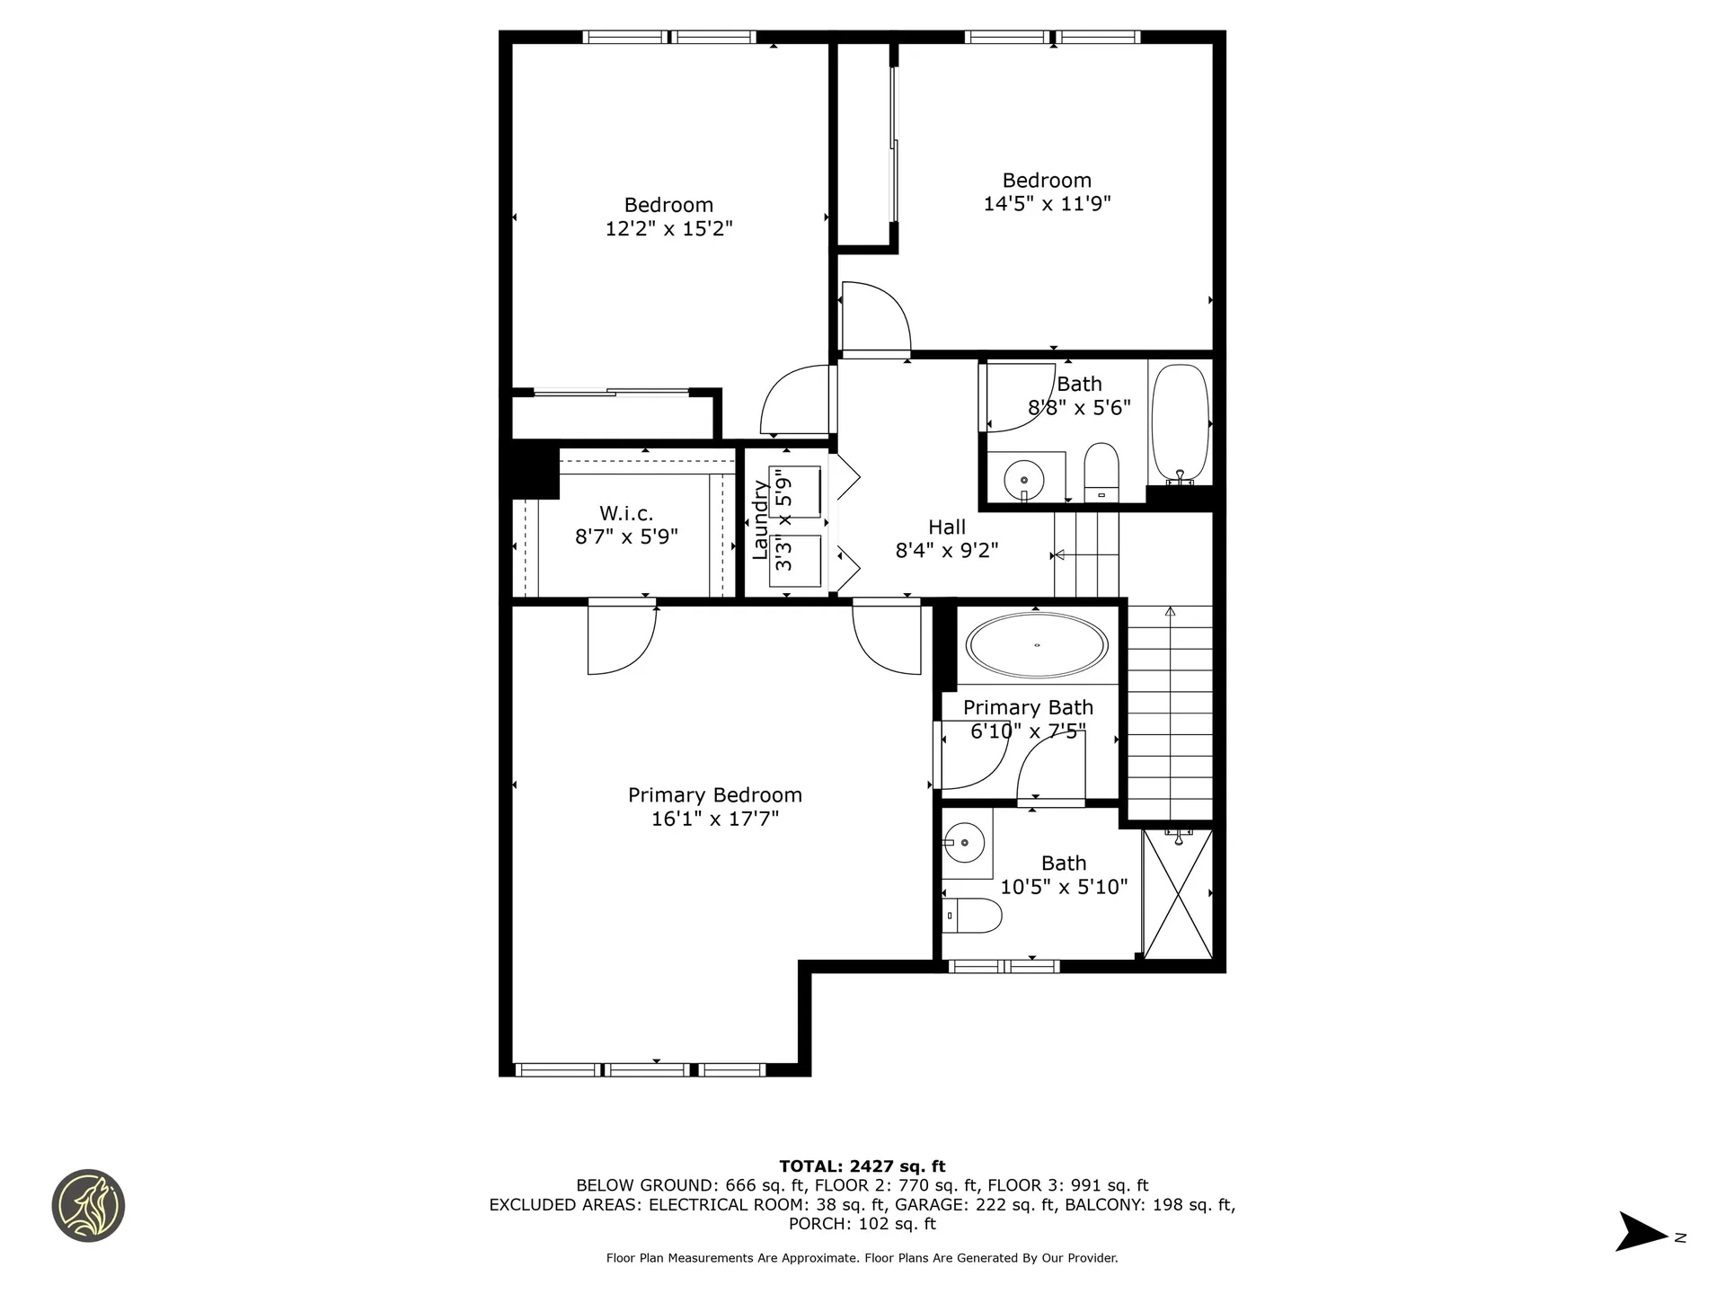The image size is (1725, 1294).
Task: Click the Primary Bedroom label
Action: point(714,795)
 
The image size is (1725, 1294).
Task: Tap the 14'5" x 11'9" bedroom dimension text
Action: point(1047,204)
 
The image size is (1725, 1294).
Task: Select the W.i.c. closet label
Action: point(626,513)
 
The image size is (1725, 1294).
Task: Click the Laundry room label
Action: point(760,520)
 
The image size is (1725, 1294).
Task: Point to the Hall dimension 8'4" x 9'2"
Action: point(947,550)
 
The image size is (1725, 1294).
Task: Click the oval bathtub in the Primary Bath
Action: point(1037,645)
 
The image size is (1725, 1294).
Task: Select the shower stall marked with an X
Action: point(1178,894)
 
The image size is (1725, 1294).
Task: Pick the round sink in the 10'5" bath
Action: point(965,843)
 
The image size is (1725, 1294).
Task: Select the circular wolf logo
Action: point(88,1206)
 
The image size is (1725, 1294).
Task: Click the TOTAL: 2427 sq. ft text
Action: point(862,1166)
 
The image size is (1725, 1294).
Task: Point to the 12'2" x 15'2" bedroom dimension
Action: point(668,228)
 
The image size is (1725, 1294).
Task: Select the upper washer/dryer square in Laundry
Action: point(794,492)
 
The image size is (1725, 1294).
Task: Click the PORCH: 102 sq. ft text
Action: point(862,1224)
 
